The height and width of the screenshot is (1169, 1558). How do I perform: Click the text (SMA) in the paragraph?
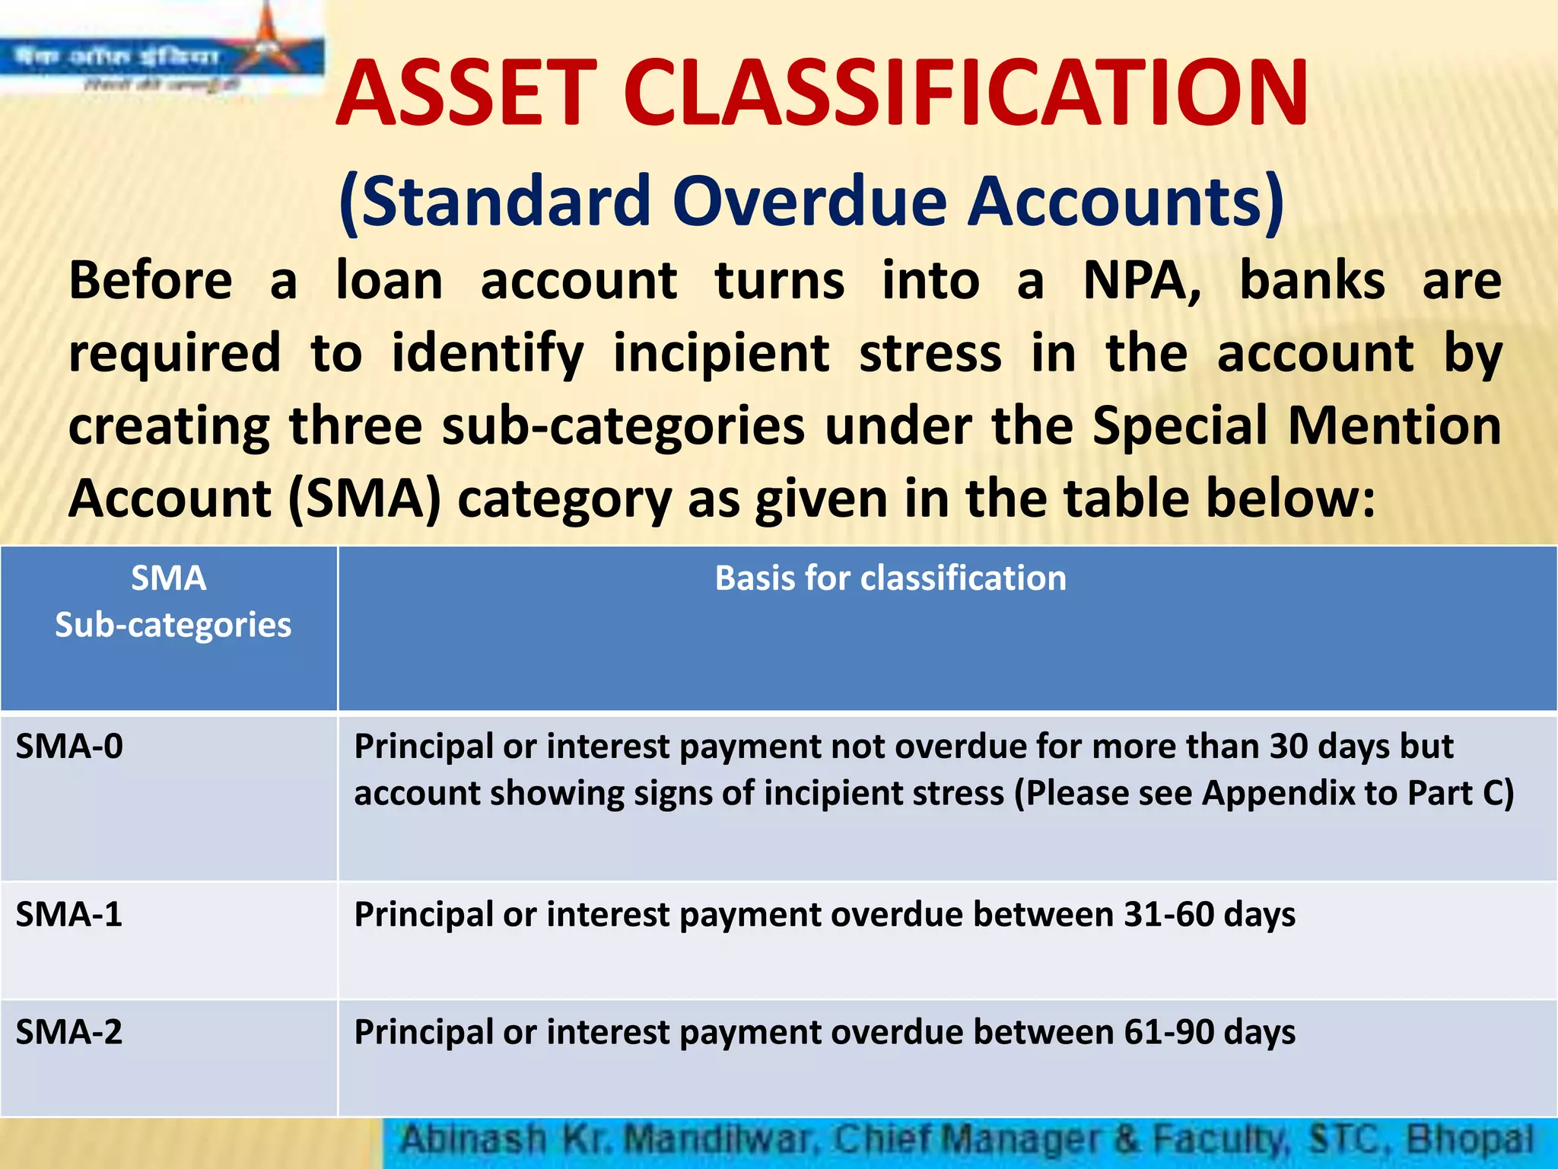364,499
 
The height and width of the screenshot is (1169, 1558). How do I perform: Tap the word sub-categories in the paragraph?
623,426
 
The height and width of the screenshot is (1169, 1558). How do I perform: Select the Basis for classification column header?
890,578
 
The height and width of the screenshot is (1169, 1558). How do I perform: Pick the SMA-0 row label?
69,747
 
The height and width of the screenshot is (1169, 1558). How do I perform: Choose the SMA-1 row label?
69,914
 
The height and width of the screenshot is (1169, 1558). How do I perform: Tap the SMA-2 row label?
69,1033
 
